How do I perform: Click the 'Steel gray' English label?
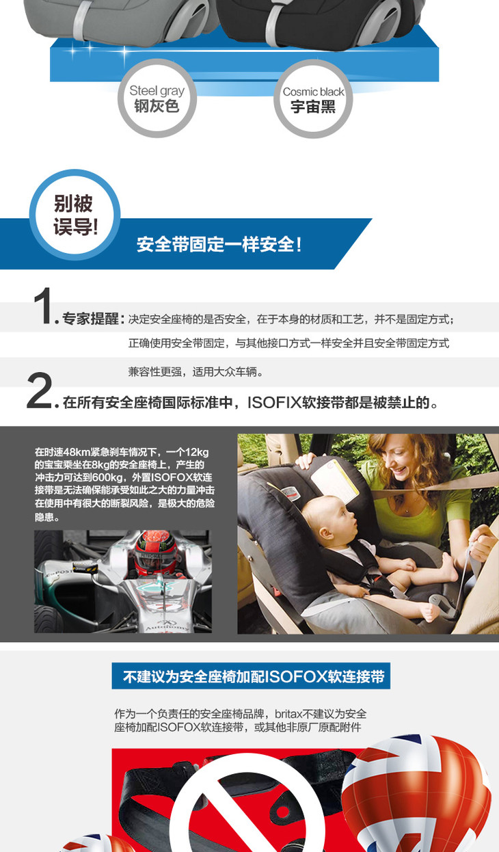pyautogui.click(x=157, y=92)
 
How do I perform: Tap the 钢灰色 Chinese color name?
pyautogui.click(x=157, y=106)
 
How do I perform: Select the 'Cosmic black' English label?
pyautogui.click(x=313, y=92)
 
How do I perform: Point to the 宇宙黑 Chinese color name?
pyautogui.click(x=313, y=107)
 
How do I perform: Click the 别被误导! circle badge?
pyautogui.click(x=75, y=215)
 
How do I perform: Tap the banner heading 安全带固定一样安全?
pyautogui.click(x=219, y=244)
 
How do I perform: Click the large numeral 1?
pyautogui.click(x=42, y=306)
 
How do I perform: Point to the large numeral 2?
pyautogui.click(x=39, y=390)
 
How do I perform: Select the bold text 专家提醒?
pyautogui.click(x=90, y=319)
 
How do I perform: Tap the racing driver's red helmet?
pyautogui.click(x=156, y=553)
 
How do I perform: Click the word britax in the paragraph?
pyautogui.click(x=288, y=714)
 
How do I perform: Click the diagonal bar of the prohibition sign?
pyautogui.click(x=243, y=814)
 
